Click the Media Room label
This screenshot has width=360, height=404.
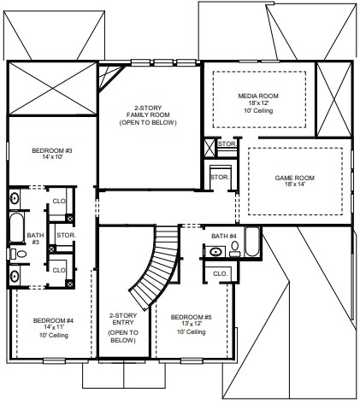[258, 96]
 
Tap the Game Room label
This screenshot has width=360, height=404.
[295, 178]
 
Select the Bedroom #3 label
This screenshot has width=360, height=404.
[52, 150]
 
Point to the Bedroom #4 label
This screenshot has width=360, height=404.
[53, 320]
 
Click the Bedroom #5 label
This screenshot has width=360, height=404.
[192, 317]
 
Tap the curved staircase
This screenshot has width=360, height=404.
[156, 267]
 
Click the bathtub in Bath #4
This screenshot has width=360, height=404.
[252, 242]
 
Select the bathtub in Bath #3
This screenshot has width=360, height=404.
[17, 228]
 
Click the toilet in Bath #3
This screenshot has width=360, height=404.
[18, 254]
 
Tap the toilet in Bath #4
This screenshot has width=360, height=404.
[235, 249]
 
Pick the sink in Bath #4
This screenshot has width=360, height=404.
[215, 252]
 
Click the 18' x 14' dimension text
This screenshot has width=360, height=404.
[295, 184]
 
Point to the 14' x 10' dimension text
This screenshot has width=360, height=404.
[52, 156]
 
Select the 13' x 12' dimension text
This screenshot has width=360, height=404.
[192, 324]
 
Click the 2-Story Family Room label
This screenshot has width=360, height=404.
[148, 115]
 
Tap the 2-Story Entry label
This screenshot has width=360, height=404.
[123, 319]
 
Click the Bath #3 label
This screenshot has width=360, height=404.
[35, 238]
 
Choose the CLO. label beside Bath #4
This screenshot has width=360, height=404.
[221, 274]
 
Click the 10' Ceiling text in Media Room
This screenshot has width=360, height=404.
[258, 111]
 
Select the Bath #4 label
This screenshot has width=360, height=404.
[224, 236]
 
